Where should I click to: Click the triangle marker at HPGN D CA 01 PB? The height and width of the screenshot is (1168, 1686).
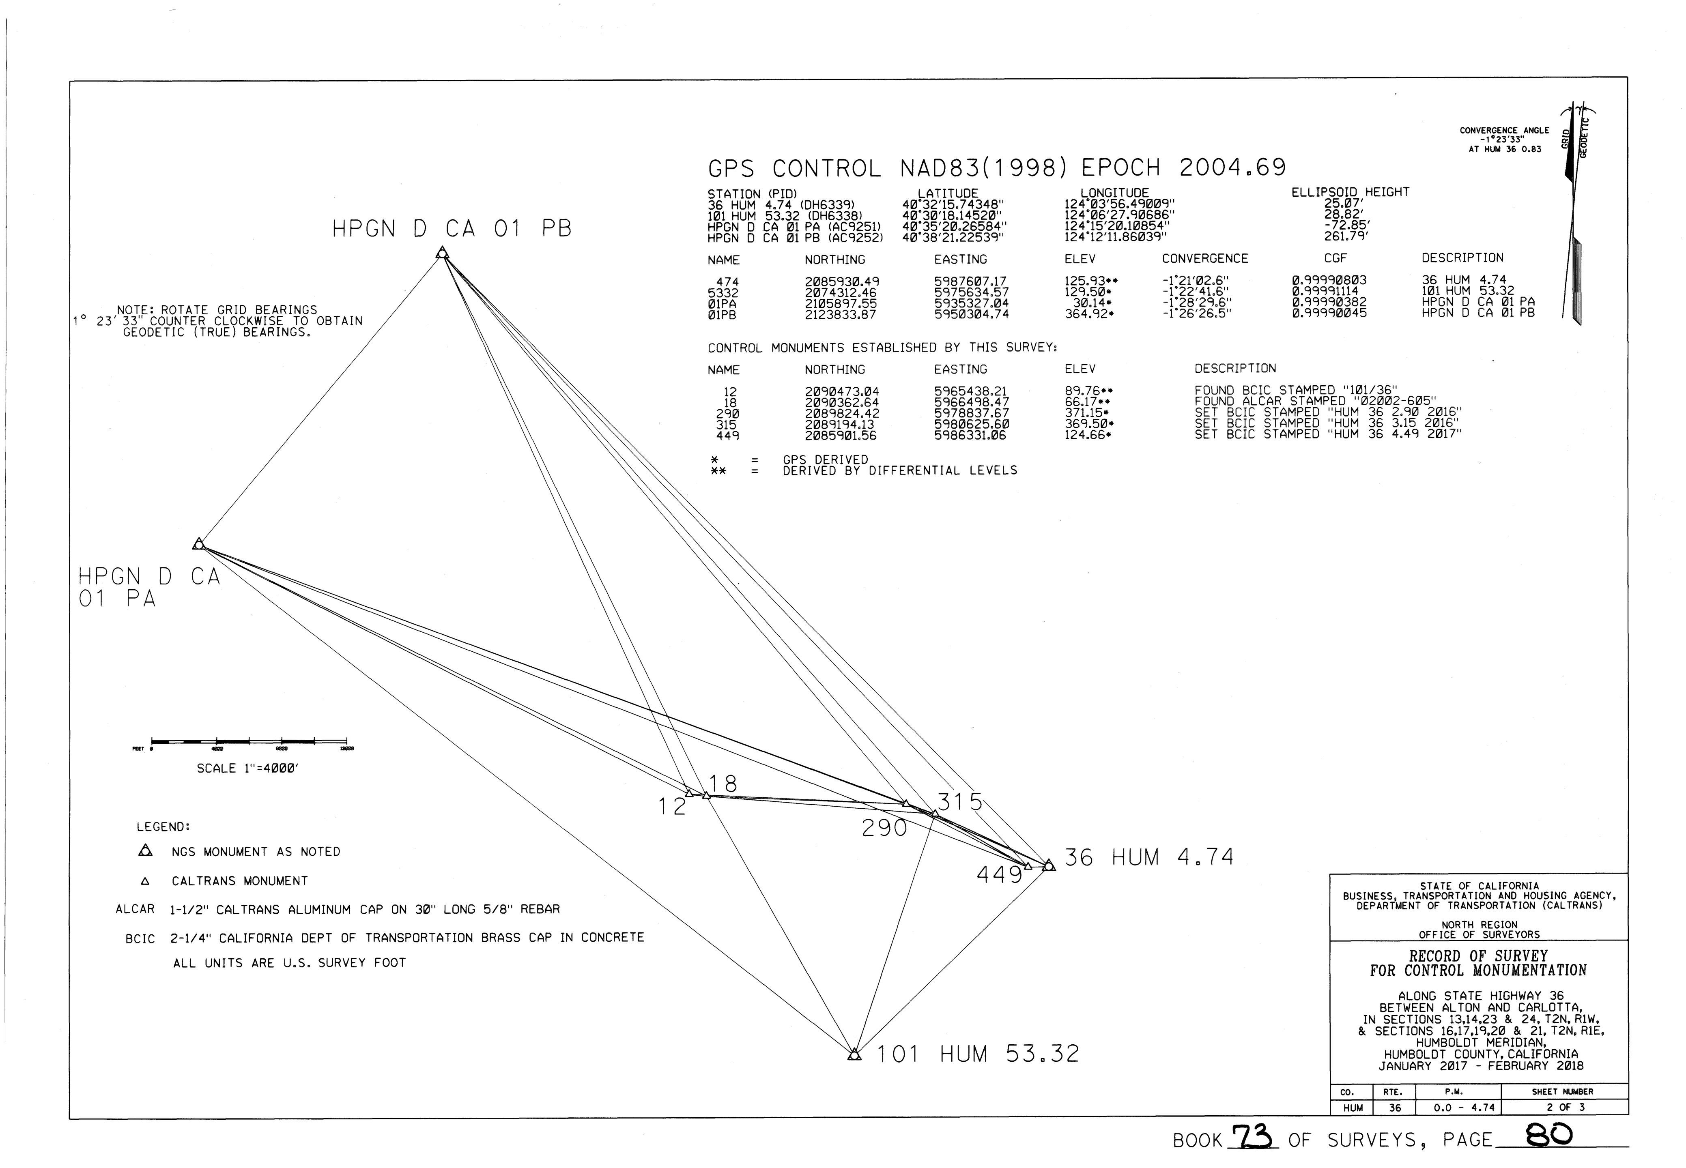[x=441, y=253]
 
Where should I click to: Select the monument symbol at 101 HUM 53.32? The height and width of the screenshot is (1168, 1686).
[x=854, y=1054]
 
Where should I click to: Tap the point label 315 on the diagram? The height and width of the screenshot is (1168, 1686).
[x=960, y=802]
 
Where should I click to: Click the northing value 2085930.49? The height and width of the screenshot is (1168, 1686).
[x=841, y=282]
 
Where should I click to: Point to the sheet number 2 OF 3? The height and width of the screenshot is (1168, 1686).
[x=1564, y=1107]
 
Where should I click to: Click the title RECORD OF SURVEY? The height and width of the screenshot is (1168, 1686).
[x=1478, y=956]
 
